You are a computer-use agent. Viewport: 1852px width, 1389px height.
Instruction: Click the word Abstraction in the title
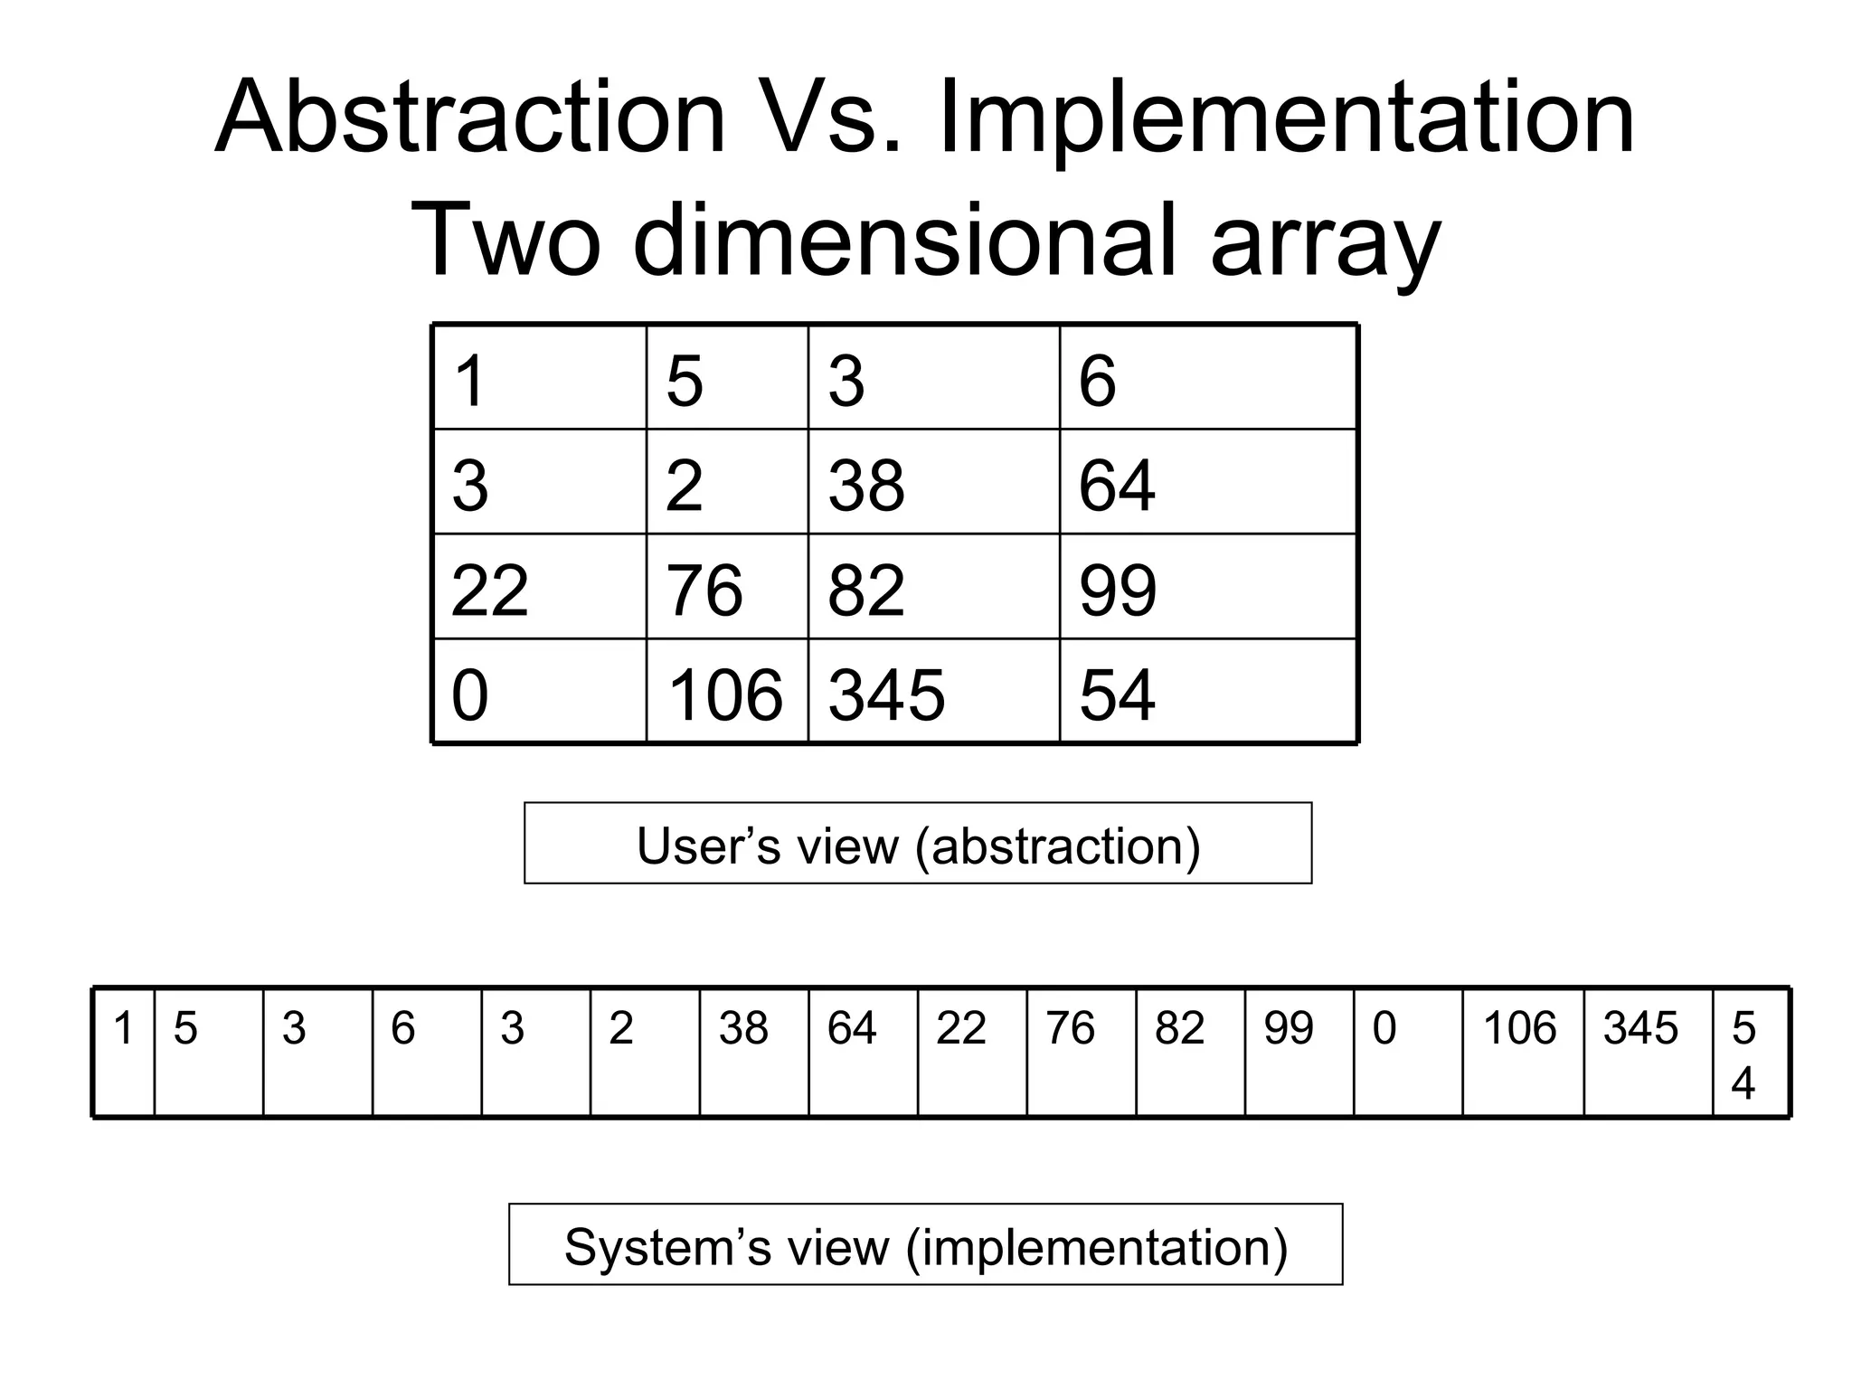[x=470, y=118]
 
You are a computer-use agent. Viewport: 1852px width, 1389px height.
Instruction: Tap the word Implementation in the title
[x=1287, y=118]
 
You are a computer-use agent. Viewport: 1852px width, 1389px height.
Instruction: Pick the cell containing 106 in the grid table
[x=726, y=693]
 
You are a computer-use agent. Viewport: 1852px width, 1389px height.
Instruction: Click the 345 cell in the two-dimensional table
[x=932, y=693]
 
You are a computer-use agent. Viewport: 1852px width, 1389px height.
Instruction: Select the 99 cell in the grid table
[x=1207, y=588]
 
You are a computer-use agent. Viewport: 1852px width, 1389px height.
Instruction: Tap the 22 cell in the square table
[x=540, y=588]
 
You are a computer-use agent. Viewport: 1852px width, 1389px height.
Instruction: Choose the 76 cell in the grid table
[x=726, y=588]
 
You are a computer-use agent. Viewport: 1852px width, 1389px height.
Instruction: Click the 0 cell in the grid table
[x=540, y=693]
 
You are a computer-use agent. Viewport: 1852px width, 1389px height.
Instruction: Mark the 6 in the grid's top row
[x=1207, y=379]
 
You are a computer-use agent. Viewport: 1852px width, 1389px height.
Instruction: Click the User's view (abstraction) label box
[x=918, y=844]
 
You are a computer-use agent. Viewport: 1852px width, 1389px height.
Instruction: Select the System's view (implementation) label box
[x=925, y=1245]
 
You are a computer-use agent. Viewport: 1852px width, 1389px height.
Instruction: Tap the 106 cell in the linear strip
[x=1522, y=1053]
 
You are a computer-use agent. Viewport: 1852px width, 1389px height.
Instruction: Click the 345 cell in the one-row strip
[x=1647, y=1053]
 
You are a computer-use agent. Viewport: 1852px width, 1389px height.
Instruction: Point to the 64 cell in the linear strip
[x=863, y=1053]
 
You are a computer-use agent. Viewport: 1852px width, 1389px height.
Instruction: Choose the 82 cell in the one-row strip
[x=1190, y=1053]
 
